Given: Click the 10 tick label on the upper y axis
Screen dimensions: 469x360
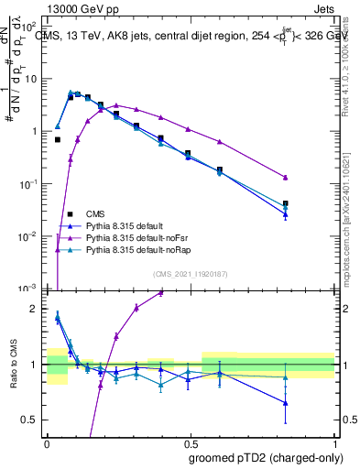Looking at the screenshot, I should [x=31, y=79].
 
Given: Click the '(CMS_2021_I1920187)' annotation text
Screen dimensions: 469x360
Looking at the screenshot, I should [x=190, y=273].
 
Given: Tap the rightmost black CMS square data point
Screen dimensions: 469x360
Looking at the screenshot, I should [x=311, y=203].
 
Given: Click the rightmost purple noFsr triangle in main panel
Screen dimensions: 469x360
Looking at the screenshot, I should [x=311, y=178].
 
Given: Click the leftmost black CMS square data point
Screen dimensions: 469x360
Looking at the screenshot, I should [x=58, y=140].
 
